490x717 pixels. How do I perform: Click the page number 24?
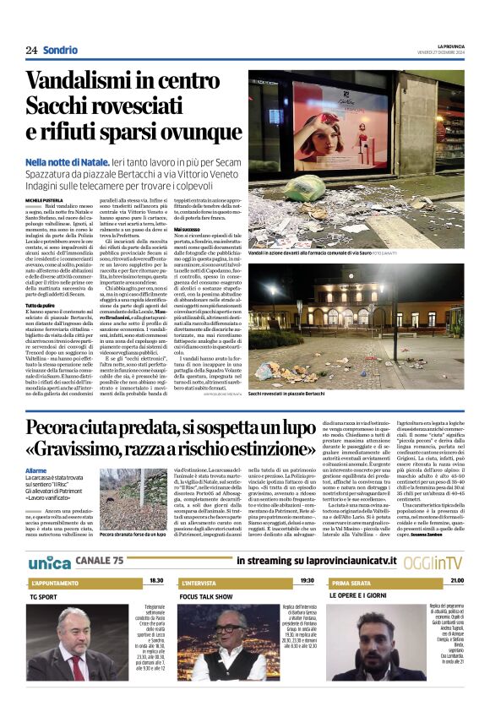point(31,50)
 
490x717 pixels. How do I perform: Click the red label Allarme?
point(36,470)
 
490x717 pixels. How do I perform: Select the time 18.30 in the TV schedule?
point(156,581)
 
